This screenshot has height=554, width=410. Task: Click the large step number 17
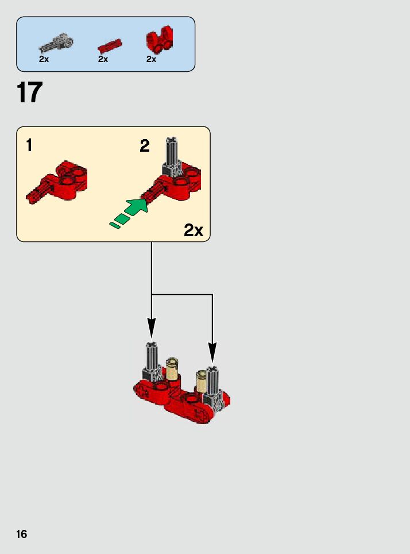pyautogui.click(x=30, y=93)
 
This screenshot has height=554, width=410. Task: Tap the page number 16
pyautogui.click(x=21, y=534)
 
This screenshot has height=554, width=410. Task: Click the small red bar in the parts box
pyautogui.click(x=109, y=45)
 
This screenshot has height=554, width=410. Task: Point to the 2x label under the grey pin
pyautogui.click(x=44, y=59)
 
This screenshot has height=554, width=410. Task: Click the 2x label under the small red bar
pyautogui.click(x=103, y=59)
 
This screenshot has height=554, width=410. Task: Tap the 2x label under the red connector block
pyautogui.click(x=152, y=59)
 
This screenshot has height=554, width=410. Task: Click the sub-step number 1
pyautogui.click(x=29, y=145)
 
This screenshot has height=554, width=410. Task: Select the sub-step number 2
pyautogui.click(x=145, y=146)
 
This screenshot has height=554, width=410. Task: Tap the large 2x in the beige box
pyautogui.click(x=194, y=231)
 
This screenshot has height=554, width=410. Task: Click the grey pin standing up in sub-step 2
pyautogui.click(x=172, y=154)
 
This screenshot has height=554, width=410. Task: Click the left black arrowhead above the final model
pyautogui.click(x=152, y=329)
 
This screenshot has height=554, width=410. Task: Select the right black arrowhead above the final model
pyautogui.click(x=212, y=352)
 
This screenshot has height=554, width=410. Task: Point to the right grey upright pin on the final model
pyautogui.click(x=212, y=380)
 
